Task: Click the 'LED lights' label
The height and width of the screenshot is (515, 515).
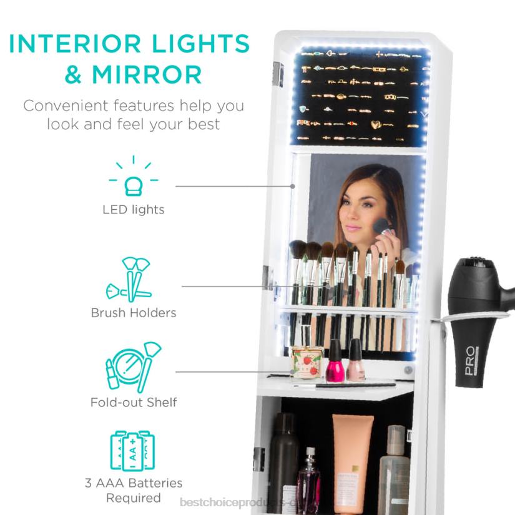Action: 133,210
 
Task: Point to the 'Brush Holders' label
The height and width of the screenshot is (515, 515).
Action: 133,312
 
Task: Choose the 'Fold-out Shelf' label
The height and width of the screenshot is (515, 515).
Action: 133,402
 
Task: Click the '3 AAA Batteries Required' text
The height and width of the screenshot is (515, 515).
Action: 133,490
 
